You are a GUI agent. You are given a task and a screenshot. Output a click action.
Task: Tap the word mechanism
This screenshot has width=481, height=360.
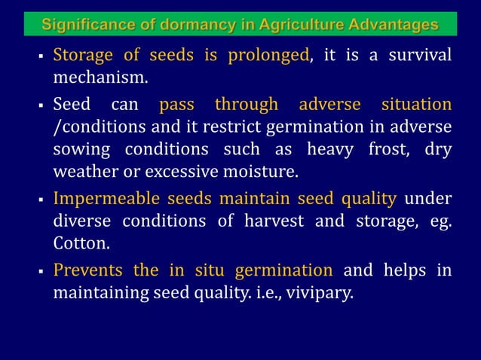[99, 77]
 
